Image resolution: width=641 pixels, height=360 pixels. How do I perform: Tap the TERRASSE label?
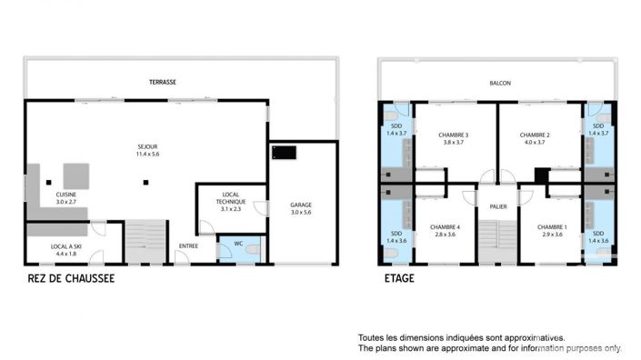(163, 82)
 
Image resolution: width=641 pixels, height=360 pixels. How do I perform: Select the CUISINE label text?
(66, 194)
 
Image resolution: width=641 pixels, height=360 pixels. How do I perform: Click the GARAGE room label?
(300, 205)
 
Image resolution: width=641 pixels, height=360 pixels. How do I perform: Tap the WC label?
(238, 243)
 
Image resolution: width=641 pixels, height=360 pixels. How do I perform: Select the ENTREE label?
(188, 246)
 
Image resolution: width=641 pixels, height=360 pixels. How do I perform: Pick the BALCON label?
(500, 83)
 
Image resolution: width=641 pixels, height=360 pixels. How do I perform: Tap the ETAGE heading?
(396, 279)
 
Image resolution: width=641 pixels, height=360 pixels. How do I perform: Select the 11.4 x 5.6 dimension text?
(147, 155)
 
